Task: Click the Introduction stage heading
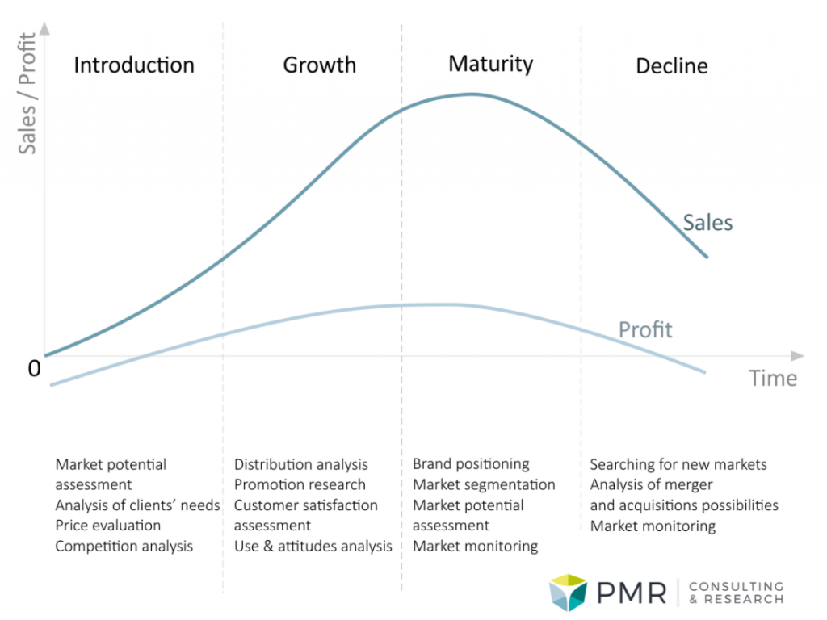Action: (134, 65)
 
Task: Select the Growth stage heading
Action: (320, 65)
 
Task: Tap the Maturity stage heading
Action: (490, 65)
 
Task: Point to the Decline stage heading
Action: (672, 66)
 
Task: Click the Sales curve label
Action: (707, 223)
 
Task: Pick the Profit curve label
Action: (645, 330)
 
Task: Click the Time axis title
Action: (773, 378)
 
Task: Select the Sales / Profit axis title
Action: (27, 94)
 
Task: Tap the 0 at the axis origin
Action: (34, 368)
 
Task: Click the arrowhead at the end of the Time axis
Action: (797, 356)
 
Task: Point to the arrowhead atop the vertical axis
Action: (45, 28)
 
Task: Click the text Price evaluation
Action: (108, 526)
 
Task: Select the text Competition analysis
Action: (124, 547)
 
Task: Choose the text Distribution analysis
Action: (300, 464)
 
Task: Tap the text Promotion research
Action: (300, 484)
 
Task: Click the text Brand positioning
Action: (471, 464)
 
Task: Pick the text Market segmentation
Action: (484, 484)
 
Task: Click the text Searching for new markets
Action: (678, 464)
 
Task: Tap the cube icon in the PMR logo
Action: (568, 593)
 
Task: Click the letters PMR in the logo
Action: (632, 593)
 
